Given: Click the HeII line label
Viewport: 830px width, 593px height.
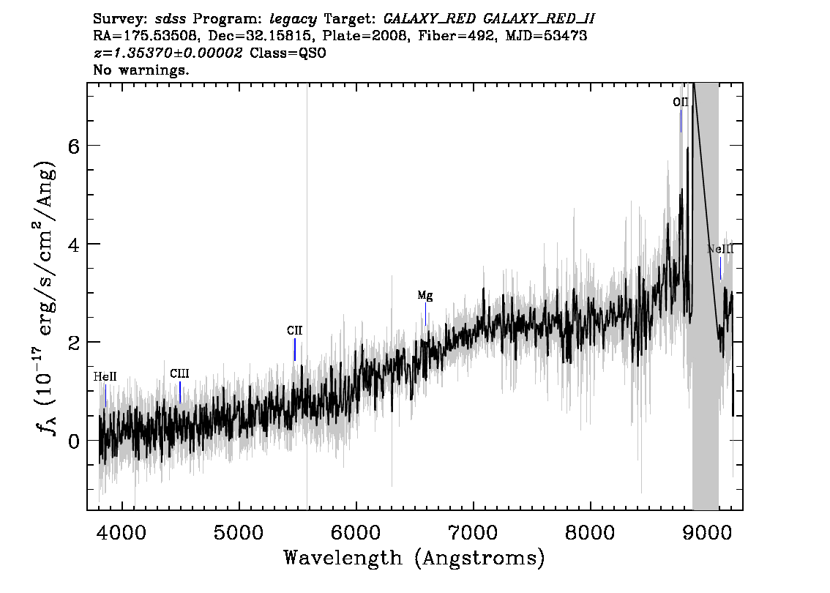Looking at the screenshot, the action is click(x=105, y=377).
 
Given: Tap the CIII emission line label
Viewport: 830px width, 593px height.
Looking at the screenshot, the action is click(x=179, y=374).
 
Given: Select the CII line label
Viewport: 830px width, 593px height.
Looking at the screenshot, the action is click(x=294, y=330).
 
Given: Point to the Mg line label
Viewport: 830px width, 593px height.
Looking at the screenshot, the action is click(x=425, y=296).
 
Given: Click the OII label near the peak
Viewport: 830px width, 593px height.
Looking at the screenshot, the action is click(x=680, y=102).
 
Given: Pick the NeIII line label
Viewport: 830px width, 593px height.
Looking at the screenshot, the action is click(x=720, y=249).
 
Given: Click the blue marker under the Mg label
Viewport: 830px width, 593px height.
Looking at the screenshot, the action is click(x=425, y=314).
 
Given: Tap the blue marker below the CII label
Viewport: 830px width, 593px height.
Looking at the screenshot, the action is click(x=295, y=349).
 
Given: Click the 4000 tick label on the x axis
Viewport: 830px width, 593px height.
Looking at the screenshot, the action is click(x=121, y=532).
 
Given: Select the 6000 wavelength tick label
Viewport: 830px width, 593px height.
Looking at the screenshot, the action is click(x=356, y=532).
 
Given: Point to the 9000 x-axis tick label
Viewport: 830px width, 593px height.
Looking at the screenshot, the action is click(x=707, y=532).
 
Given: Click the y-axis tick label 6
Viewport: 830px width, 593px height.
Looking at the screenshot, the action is click(x=74, y=146).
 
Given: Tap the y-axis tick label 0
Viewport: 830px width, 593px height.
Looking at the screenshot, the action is click(x=74, y=441).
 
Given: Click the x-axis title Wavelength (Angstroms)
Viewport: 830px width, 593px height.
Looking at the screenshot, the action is click(x=414, y=558).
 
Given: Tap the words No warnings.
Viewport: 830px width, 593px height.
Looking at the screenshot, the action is click(x=141, y=70).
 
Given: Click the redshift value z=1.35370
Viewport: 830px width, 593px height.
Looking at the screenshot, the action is click(x=133, y=53).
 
